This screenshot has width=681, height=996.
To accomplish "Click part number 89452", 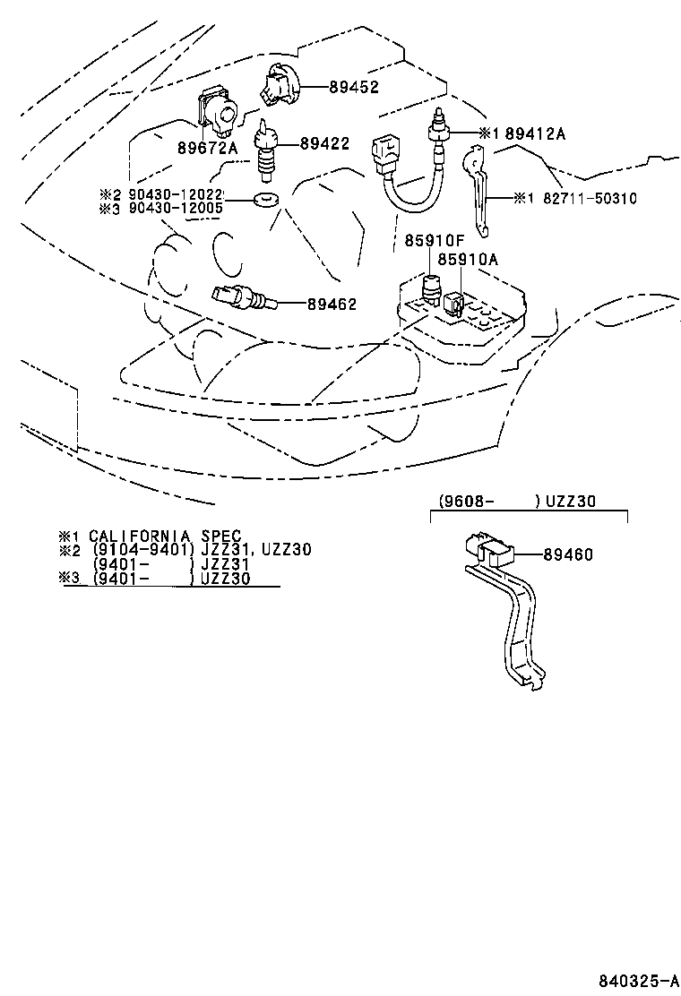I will tap(354, 87).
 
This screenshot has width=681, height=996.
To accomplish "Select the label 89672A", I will tap(207, 148).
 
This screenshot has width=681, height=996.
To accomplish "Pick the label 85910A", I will tap(467, 260).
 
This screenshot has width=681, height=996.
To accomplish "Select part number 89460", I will tap(567, 555).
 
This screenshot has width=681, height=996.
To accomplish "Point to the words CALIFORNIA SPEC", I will tap(165, 536).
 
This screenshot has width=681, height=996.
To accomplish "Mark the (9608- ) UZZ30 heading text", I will tap(517, 502).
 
